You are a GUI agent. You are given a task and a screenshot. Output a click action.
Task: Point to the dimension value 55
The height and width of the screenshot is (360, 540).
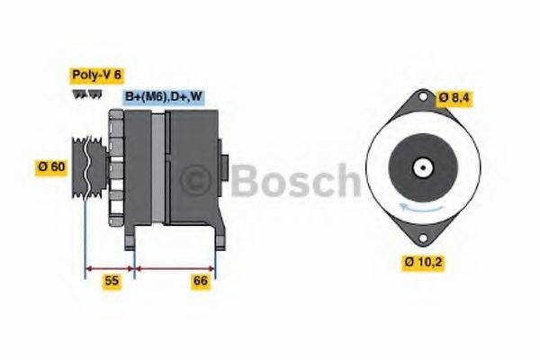tap(110, 282)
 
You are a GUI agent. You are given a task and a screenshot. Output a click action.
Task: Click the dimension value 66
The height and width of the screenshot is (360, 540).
tap(201, 282)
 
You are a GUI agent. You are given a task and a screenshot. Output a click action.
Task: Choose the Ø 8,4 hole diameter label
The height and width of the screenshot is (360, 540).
tap(455, 97)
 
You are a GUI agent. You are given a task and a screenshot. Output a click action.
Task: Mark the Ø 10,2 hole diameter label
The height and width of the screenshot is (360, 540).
tap(423, 262)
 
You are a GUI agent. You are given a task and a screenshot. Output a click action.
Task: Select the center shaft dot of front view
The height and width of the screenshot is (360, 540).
tap(421, 168)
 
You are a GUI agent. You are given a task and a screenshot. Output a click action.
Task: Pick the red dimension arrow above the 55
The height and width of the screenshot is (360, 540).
tap(110, 267)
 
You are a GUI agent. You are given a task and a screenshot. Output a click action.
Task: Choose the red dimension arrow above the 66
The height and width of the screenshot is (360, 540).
tap(175, 267)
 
